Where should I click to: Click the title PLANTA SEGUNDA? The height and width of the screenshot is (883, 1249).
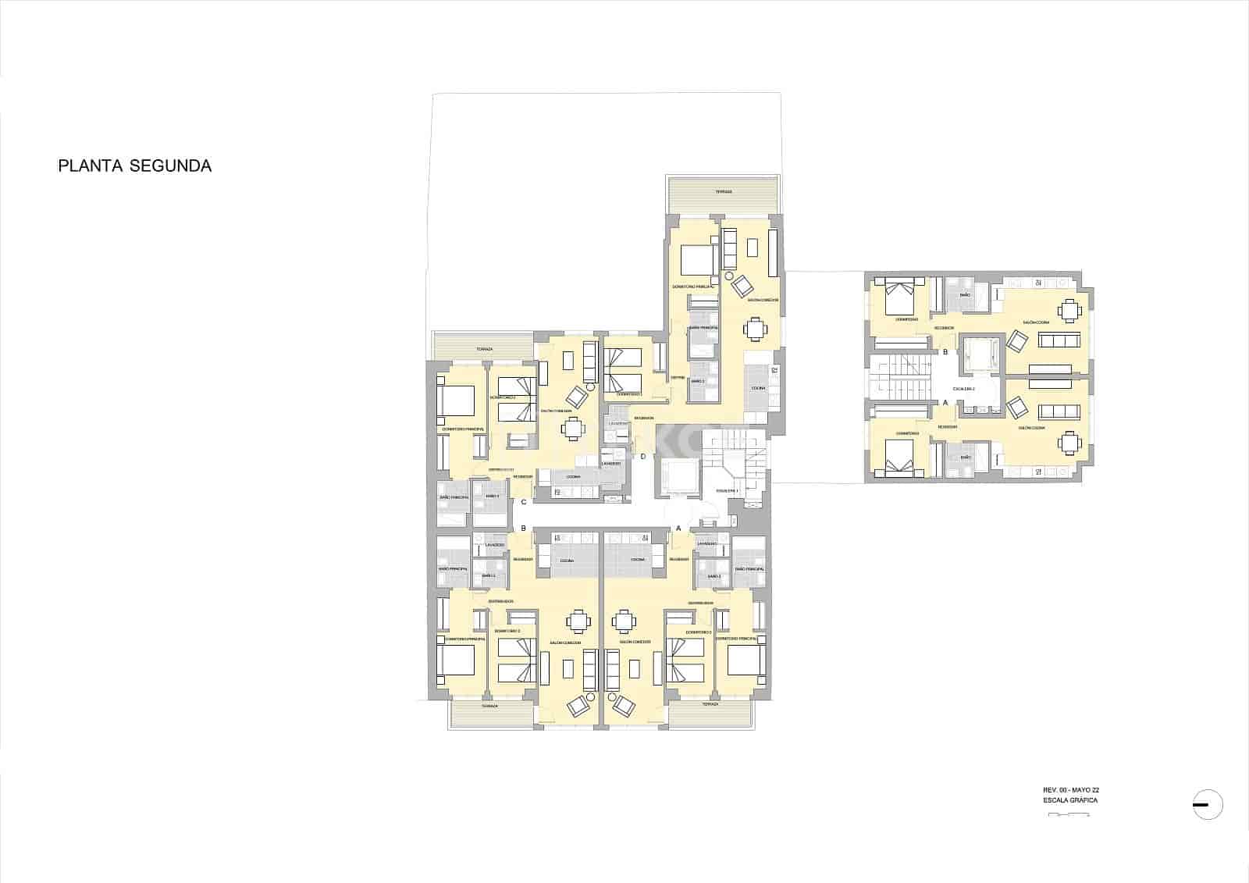[x=134, y=166]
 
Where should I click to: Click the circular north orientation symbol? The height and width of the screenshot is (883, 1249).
[x=1208, y=804]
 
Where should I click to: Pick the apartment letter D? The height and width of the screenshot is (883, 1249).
[x=643, y=457]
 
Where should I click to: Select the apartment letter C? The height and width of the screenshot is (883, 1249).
[x=524, y=502]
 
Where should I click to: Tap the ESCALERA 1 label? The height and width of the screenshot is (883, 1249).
[x=727, y=490]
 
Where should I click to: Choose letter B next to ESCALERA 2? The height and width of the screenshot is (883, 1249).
[x=946, y=353]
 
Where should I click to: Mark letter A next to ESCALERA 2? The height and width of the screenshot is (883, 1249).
[x=946, y=403]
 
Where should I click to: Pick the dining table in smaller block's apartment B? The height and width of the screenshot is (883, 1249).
[x=1069, y=310]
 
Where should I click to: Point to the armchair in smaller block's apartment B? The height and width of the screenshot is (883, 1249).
[x=1018, y=341]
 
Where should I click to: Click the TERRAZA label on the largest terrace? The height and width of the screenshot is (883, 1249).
[x=724, y=192]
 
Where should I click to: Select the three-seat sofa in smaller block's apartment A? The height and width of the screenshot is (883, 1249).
[x=1058, y=411]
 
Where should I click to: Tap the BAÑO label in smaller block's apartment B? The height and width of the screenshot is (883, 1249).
[x=966, y=295]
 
